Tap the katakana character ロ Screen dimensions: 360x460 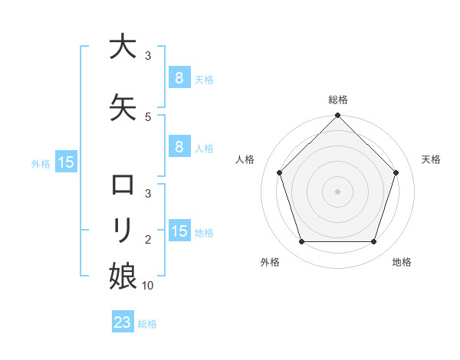click(x=123, y=185)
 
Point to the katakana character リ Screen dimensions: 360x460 click(x=123, y=229)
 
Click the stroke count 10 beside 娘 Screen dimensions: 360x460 click(x=149, y=285)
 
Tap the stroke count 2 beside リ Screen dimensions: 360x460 click(x=148, y=240)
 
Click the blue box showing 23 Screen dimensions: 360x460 click(x=123, y=322)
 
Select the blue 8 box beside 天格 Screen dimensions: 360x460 click(x=179, y=77)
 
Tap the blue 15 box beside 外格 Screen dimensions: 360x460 click(x=65, y=162)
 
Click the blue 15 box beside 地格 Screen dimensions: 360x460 click(x=179, y=231)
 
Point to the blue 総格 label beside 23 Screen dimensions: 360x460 click(x=147, y=324)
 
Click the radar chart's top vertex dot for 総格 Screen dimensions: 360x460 click(x=337, y=116)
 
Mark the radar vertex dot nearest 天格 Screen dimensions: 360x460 click(x=396, y=172)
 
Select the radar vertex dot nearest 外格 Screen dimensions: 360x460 click(x=301, y=242)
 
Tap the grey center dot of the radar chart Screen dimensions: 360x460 click(x=337, y=191)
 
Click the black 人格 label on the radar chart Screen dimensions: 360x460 click(x=245, y=159)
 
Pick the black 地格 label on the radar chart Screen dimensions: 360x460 click(x=402, y=262)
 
